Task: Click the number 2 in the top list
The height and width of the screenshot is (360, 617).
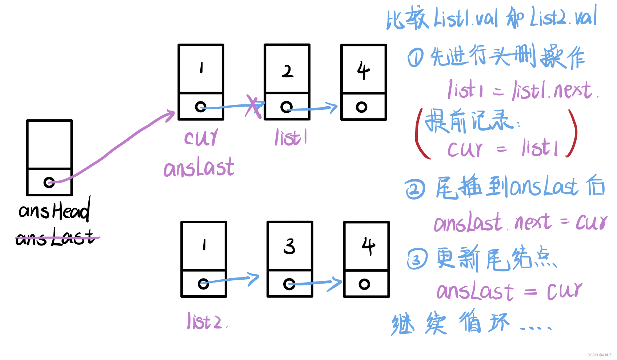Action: point(287,71)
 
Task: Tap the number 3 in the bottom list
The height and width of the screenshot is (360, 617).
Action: point(289,246)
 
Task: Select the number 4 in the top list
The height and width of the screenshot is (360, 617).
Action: point(363,70)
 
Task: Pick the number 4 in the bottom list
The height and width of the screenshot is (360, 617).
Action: point(368,246)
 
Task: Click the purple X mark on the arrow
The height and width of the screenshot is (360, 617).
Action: point(253,106)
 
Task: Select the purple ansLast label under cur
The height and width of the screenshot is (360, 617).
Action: point(199,168)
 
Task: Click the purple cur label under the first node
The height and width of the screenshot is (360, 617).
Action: point(201,137)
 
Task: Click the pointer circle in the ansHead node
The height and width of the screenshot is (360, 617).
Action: point(49,182)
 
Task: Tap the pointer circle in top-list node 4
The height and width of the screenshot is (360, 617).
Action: point(361,107)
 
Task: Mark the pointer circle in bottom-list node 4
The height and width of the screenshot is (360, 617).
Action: point(364,284)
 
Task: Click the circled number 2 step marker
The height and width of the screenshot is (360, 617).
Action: point(415,189)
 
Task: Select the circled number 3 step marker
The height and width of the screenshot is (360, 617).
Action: point(417,259)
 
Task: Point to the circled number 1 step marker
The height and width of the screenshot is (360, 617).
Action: point(415,58)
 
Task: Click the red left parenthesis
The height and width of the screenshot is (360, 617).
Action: point(421,135)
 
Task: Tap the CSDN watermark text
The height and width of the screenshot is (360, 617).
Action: point(599,355)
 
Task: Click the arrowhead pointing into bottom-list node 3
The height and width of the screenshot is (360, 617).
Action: point(254,278)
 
